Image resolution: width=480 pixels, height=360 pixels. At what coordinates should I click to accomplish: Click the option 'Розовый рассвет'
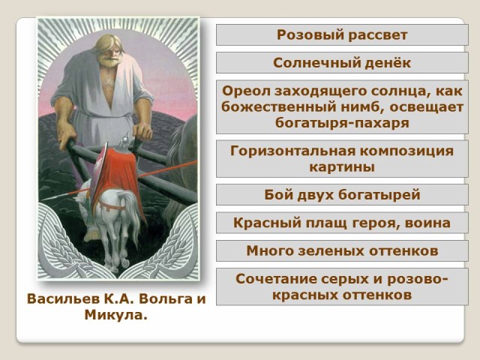342,35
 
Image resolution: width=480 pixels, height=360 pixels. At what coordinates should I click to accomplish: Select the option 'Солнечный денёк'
342,63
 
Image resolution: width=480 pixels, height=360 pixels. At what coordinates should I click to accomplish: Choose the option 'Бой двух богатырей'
342,195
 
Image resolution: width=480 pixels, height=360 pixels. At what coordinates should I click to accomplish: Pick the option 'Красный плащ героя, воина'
342,223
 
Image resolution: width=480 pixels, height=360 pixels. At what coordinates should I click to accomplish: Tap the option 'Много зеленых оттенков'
342,250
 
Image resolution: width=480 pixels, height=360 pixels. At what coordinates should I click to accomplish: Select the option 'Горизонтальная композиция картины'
342,159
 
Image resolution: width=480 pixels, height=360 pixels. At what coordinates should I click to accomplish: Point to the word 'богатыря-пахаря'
342,123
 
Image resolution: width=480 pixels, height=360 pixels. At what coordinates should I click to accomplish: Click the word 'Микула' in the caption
114,315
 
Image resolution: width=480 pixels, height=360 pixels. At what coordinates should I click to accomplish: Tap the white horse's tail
129,211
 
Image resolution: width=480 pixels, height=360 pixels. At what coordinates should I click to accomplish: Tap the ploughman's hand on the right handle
142,131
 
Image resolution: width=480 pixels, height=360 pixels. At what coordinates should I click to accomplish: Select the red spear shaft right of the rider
166,168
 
